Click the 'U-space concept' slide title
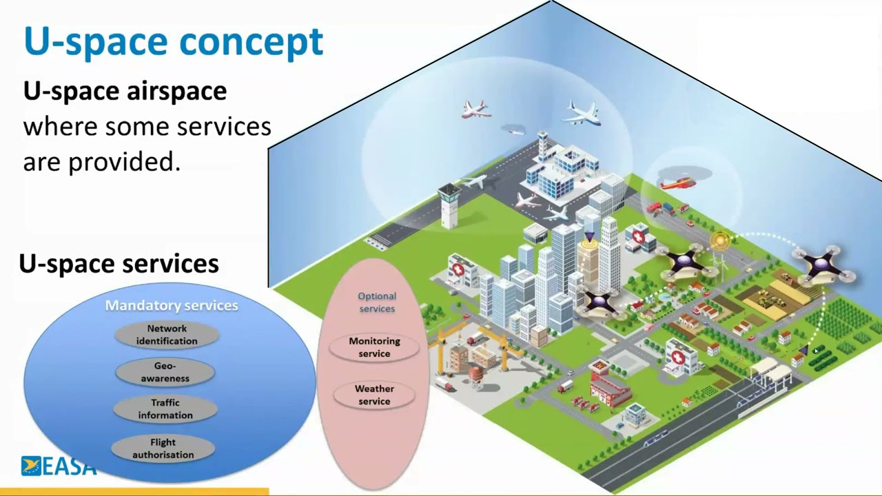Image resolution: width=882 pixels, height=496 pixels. coord(173,41)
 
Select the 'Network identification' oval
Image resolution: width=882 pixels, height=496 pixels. coord(167,335)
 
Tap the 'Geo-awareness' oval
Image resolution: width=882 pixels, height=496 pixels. coord(165,372)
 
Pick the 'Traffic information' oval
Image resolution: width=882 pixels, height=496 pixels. coord(165,409)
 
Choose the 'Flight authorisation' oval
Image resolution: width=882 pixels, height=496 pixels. coord(163,448)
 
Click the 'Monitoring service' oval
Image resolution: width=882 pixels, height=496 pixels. coord(374,347)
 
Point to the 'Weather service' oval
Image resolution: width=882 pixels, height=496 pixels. coord(374,395)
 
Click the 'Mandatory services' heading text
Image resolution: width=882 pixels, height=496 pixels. coord(172,305)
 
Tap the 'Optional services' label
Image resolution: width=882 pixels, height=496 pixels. coord(377,302)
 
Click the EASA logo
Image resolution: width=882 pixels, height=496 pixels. coord(58,466)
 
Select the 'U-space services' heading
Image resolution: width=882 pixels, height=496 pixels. coord(119,263)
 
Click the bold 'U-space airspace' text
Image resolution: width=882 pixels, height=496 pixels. coord(125,91)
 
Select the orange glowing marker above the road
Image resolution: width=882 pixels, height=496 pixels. coord(719,240)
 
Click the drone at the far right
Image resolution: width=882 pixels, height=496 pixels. coord(826,264)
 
